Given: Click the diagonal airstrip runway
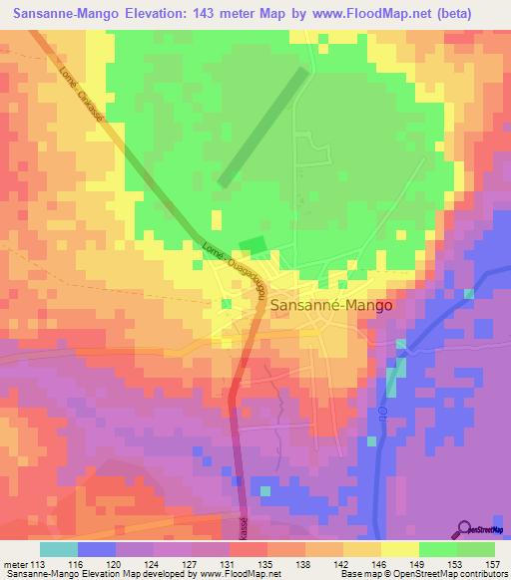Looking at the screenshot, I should (x=261, y=126).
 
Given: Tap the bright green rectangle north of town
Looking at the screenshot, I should (x=254, y=246).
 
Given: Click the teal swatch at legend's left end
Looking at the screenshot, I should (x=59, y=548).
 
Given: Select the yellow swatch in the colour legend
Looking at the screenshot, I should (x=399, y=548).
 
